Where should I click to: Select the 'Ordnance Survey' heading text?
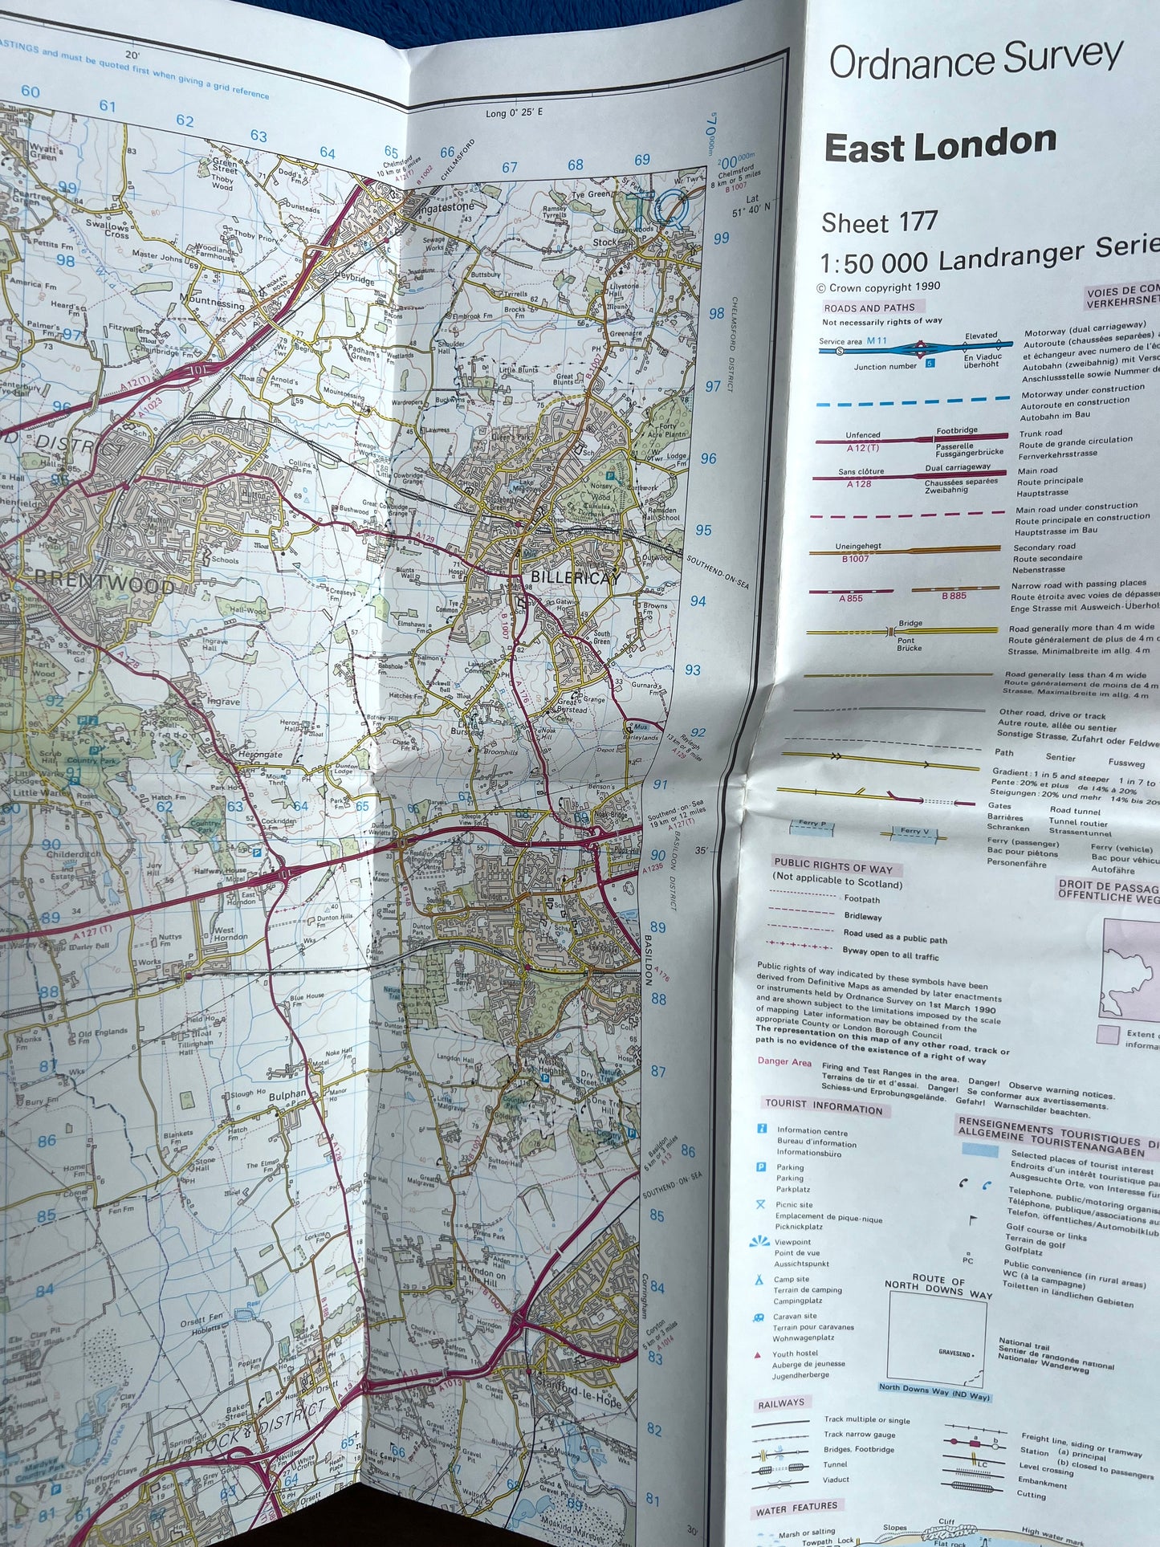pyautogui.click(x=975, y=59)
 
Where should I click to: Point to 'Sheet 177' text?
pyautogui.click(x=879, y=222)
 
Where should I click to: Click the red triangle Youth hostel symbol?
pyautogui.click(x=758, y=1355)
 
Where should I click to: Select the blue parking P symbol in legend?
pyautogui.click(x=761, y=1167)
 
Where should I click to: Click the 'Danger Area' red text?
pyautogui.click(x=784, y=1061)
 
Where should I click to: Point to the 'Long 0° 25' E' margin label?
pyautogui.click(x=514, y=112)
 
